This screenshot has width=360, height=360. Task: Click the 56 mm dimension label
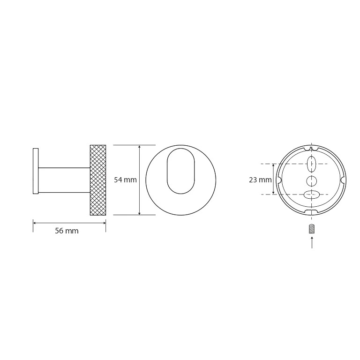pyautogui.click(x=67, y=231)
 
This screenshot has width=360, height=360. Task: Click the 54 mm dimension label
pyautogui.click(x=125, y=180)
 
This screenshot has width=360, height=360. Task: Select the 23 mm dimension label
pyautogui.click(x=260, y=180)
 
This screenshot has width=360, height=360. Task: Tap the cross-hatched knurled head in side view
pyautogui.click(x=98, y=180)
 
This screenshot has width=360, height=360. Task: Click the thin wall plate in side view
pyautogui.click(x=36, y=171)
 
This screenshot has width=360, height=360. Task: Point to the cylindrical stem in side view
pyautogui.click(x=64, y=180)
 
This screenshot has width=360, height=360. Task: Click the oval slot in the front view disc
pyautogui.click(x=181, y=171)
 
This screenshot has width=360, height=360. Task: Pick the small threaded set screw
pyautogui.click(x=312, y=229)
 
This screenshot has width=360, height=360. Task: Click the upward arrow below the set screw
pyautogui.click(x=312, y=242)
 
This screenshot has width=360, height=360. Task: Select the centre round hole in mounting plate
pyautogui.click(x=312, y=181)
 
